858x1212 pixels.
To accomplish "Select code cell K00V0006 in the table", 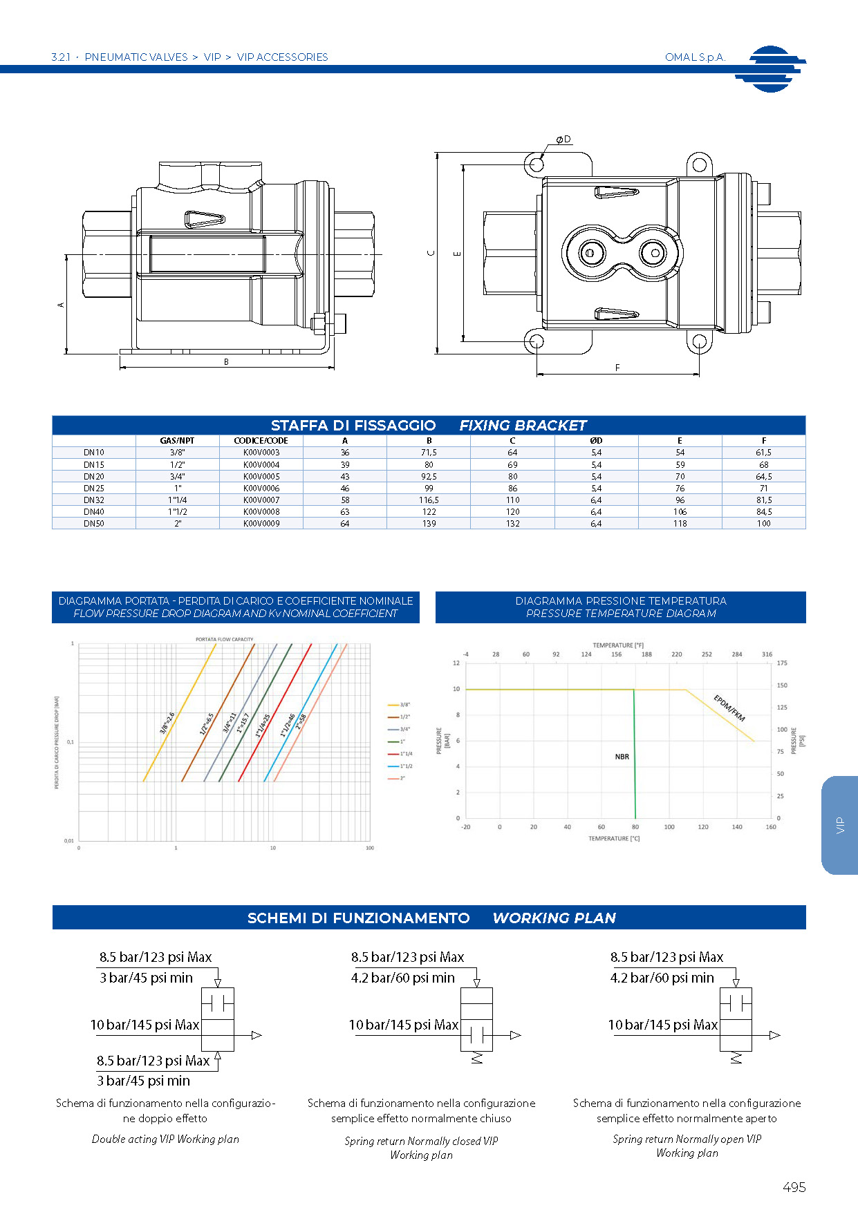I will (x=261, y=488).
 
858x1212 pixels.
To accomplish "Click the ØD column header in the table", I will (x=596, y=440).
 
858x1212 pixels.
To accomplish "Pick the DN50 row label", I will (x=94, y=524).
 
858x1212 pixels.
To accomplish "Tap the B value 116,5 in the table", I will (x=429, y=500).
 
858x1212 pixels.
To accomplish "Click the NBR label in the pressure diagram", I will (x=622, y=757).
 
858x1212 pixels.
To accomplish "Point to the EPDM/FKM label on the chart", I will (x=729, y=708).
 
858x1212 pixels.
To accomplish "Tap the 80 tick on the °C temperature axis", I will (x=635, y=827).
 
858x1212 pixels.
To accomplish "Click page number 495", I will (x=794, y=1187).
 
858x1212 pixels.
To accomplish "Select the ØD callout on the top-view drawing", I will (x=564, y=140).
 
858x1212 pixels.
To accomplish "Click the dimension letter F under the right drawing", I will (x=617, y=368).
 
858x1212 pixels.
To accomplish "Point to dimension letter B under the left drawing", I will (x=226, y=362).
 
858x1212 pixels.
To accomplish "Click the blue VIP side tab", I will (x=840, y=825).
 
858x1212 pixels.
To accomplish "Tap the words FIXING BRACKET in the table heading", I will (x=523, y=426).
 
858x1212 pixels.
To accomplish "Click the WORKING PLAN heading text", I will (x=554, y=918).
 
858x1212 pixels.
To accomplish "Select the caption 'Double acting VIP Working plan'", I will (x=165, y=1139).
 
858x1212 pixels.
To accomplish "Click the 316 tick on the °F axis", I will (x=767, y=654).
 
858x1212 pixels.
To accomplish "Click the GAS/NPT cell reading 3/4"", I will (x=178, y=476).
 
